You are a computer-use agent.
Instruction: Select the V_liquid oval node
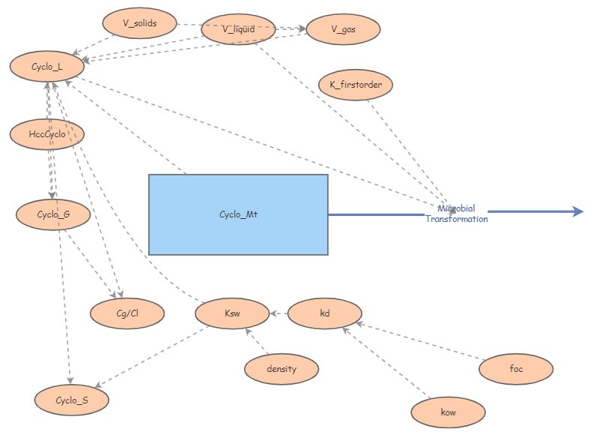tap(239, 29)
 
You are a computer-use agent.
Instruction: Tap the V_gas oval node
tap(344, 29)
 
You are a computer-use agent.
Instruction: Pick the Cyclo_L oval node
tap(46, 67)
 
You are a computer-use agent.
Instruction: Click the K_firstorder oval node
tap(356, 85)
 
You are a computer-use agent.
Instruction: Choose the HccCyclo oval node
tap(46, 134)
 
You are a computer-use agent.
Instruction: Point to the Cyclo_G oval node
tap(53, 215)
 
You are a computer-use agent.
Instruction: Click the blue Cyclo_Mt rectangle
tap(238, 214)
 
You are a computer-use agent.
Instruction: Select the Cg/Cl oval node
tap(127, 313)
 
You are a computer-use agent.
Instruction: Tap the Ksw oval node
tap(231, 313)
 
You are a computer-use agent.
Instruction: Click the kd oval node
tap(324, 313)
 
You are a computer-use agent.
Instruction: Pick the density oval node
tap(282, 368)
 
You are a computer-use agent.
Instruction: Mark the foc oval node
tap(516, 368)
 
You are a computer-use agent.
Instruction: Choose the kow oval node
tap(449, 412)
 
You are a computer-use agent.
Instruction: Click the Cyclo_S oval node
tap(72, 400)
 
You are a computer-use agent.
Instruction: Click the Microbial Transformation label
tap(457, 214)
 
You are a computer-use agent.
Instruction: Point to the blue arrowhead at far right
tap(578, 211)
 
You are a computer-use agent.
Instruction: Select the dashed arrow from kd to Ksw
tap(278, 313)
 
